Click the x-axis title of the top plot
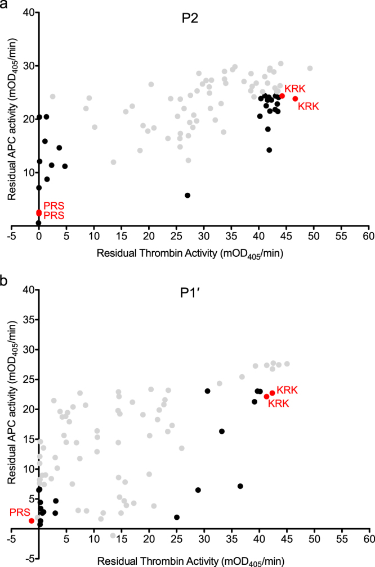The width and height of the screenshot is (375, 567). (x=190, y=253)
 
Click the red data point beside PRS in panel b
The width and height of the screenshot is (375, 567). (x=32, y=521)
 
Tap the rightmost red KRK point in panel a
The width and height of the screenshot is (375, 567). (x=295, y=99)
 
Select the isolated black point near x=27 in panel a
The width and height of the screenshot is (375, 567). (x=187, y=195)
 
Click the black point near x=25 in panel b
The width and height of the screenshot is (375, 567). (x=177, y=517)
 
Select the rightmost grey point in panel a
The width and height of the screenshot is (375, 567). (x=310, y=68)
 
